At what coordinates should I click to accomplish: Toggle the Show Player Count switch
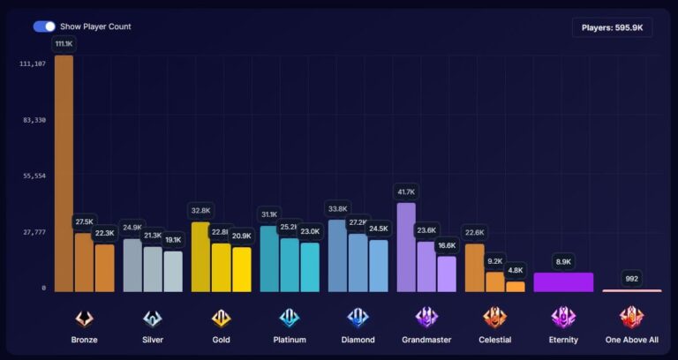click(x=44, y=26)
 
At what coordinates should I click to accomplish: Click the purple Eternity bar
click(x=563, y=281)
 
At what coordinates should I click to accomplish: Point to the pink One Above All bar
click(x=631, y=289)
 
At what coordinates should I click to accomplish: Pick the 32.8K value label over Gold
click(x=200, y=211)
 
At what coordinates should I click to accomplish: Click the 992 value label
click(x=631, y=278)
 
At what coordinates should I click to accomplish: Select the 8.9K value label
click(x=563, y=261)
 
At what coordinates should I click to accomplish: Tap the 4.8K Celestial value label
click(x=516, y=270)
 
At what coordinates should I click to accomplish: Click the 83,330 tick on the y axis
click(x=34, y=120)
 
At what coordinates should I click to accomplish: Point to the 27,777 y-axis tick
click(x=34, y=232)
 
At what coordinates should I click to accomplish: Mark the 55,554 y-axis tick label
click(x=34, y=176)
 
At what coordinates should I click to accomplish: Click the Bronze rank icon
click(x=84, y=317)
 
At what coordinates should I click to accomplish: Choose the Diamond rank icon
click(x=358, y=317)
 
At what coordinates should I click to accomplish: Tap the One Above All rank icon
click(x=631, y=317)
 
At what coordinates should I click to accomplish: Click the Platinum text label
click(x=290, y=340)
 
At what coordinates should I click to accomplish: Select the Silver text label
click(x=153, y=340)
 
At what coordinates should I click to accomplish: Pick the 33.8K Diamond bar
click(x=337, y=256)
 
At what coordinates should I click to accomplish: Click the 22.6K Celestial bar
click(x=474, y=267)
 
